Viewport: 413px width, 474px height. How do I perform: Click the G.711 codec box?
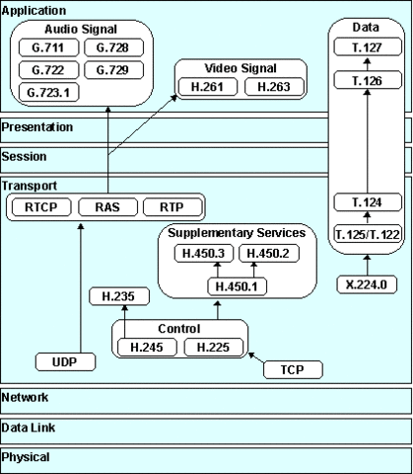pos(49,48)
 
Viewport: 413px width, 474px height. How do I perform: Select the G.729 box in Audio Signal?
pos(111,70)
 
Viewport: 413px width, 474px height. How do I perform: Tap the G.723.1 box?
pos(49,92)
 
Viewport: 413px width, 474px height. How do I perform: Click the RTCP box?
pos(40,208)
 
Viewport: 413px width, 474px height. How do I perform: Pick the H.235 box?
pos(110,295)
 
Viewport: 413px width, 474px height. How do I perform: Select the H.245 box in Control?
pos(145,347)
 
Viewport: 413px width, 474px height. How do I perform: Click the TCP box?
pos(293,369)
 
